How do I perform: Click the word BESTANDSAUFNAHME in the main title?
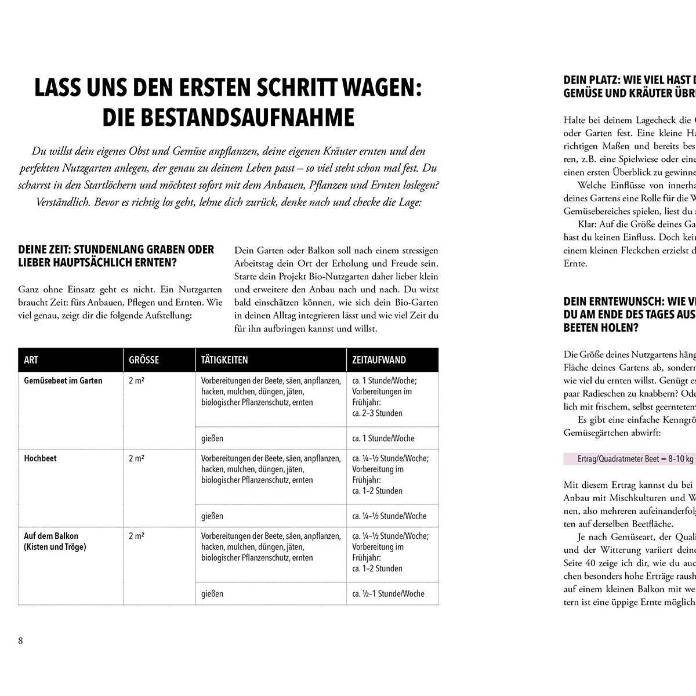pos(228,118)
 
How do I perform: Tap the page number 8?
pos(21,640)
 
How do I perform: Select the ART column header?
pos(31,360)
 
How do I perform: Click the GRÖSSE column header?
pos(144,360)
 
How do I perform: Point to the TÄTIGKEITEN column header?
pos(224,360)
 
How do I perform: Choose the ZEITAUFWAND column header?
pos(379,360)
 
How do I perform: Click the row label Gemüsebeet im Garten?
pos(63,380)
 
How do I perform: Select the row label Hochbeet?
pos(40,458)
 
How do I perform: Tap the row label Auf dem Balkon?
pos(51,536)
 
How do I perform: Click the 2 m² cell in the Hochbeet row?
pos(136,458)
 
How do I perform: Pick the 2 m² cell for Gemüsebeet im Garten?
pos(136,380)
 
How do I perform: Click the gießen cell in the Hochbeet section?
pos(212,516)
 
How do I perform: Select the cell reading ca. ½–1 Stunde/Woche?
pos(388,594)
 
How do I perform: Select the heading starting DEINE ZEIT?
pos(116,250)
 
